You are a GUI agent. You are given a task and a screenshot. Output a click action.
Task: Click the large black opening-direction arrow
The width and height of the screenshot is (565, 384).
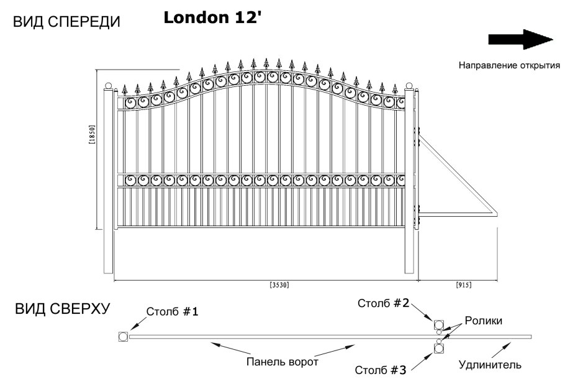click(x=520, y=39)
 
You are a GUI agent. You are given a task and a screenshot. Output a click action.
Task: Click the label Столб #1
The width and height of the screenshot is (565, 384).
click(x=173, y=312)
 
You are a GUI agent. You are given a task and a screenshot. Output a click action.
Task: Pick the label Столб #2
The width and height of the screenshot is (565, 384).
click(x=383, y=304)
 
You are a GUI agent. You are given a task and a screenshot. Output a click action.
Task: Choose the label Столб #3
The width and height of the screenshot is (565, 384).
click(x=381, y=370)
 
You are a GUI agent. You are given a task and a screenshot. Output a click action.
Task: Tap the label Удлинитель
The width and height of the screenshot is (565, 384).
click(x=489, y=365)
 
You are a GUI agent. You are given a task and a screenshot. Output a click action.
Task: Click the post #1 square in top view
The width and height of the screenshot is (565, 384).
click(x=122, y=337)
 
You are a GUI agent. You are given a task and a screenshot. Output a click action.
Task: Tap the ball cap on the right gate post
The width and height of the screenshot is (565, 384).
click(x=409, y=85)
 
